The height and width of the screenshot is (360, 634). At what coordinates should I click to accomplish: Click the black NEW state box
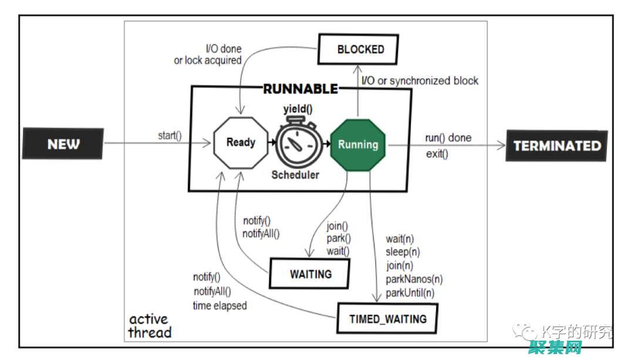63,144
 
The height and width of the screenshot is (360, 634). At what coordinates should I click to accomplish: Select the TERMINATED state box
557,146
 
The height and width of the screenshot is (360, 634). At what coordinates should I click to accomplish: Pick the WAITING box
310,274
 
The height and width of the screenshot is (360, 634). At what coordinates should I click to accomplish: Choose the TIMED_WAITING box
387,319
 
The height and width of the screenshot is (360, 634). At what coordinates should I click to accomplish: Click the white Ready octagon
241,142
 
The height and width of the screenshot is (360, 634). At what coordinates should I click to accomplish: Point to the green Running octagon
358,144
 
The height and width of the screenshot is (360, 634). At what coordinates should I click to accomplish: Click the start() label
170,136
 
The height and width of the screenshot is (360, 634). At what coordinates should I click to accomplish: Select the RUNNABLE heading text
301,89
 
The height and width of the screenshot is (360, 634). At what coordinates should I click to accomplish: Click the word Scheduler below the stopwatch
295,174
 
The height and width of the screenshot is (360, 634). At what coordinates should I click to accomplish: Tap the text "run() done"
448,138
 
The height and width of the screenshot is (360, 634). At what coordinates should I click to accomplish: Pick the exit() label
437,154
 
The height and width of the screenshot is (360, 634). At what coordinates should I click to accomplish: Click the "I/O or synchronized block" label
420,80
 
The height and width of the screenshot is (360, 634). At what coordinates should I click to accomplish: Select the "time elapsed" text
220,305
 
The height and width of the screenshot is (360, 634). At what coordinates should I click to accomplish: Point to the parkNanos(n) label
414,279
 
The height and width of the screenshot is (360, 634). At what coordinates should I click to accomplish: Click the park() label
339,238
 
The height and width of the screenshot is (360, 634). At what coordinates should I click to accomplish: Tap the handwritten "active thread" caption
150,326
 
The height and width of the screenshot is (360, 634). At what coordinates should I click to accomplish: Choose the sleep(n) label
403,252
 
